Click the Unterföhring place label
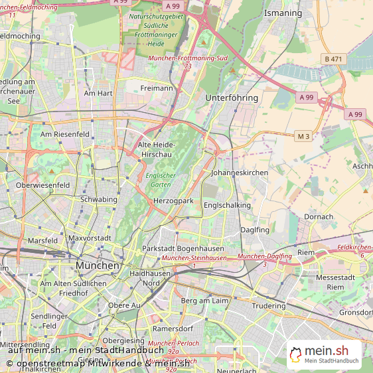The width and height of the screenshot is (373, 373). tap(232, 98)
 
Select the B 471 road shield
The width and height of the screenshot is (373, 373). tap(333, 59)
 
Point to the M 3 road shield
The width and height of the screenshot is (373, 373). tap(303, 136)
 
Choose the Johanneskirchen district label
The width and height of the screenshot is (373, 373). tap(239, 173)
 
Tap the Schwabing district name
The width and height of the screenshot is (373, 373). tap(98, 199)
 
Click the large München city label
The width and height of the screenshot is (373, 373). tap(98, 265)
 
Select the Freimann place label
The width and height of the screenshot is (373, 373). tap(157, 88)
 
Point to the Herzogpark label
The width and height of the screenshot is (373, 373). tap(173, 200)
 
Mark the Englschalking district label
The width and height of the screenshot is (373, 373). tap(227, 206)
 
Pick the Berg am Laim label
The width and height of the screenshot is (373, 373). tap(204, 301)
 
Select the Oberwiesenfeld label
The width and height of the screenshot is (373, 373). tap(42, 185)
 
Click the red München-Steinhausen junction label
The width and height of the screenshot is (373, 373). tap(194, 258)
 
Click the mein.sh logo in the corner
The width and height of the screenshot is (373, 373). tap(324, 355)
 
